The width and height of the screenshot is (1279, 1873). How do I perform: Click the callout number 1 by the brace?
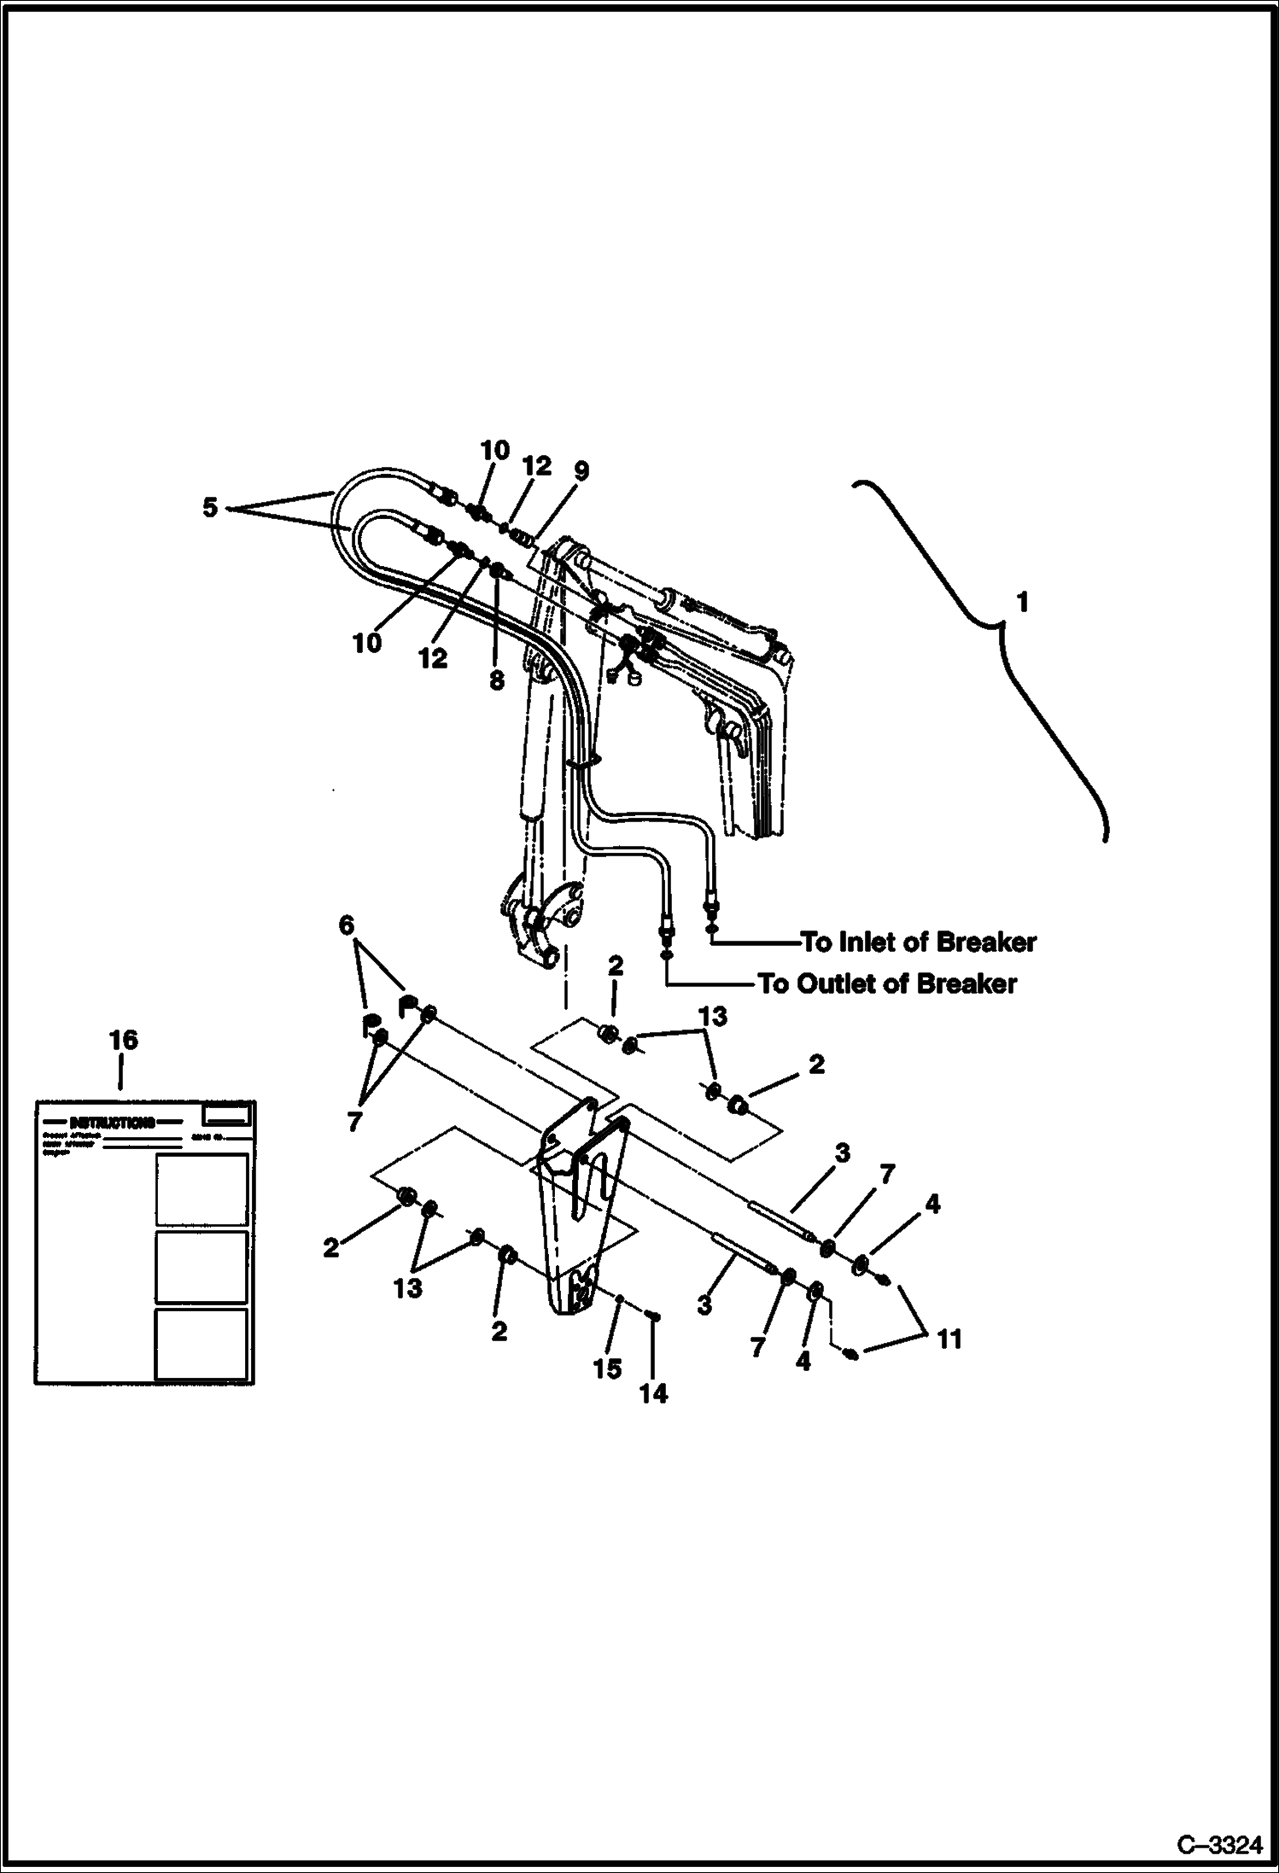point(1022,603)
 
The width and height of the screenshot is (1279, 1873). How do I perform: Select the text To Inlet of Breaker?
point(918,942)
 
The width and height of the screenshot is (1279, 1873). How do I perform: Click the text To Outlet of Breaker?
point(888,984)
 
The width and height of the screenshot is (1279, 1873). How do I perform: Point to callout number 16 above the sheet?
point(123,1040)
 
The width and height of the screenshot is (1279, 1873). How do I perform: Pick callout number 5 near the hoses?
point(210,508)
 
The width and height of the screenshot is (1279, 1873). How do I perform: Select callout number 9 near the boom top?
point(581,470)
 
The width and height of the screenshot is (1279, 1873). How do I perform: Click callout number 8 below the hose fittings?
point(497,680)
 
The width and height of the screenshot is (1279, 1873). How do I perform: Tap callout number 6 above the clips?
point(347,925)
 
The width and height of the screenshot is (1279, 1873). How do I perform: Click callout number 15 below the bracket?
point(607,1368)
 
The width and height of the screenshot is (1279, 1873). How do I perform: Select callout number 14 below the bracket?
point(653,1394)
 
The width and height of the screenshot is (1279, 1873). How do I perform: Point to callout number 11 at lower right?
point(949,1339)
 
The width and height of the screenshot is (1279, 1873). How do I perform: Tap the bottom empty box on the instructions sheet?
point(201,1344)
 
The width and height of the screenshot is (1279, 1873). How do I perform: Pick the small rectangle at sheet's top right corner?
point(226,1114)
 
